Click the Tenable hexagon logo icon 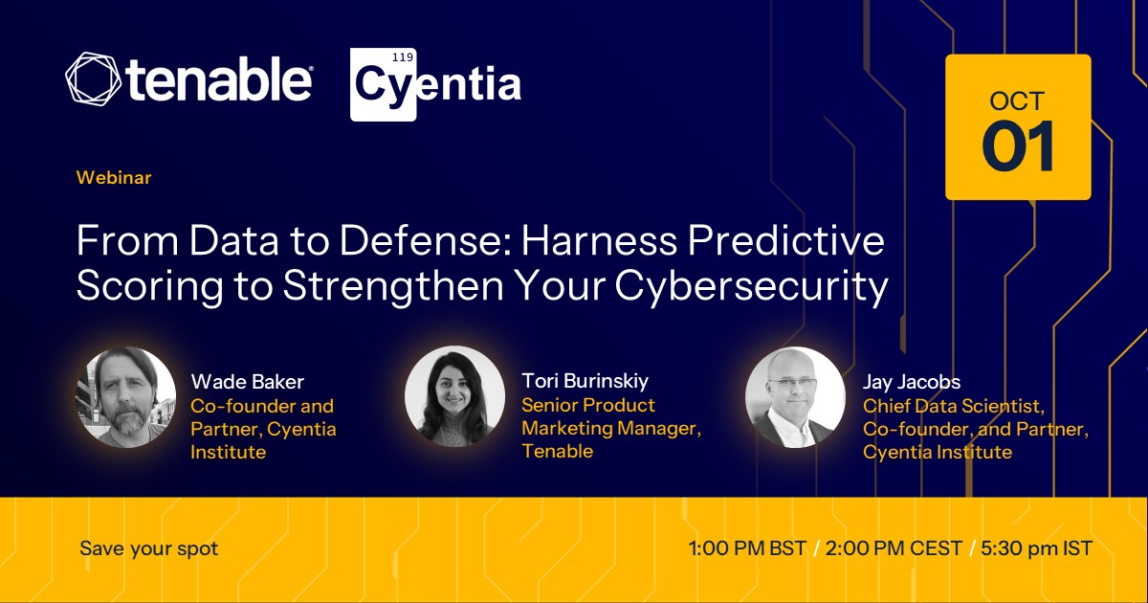93,79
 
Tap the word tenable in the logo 219,78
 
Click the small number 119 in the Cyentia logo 403,57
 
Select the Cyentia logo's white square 383,84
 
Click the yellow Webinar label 114,177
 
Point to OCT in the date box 1017,101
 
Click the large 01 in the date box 1018,146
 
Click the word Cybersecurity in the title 751,286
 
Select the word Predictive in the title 785,240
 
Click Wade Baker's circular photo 126,397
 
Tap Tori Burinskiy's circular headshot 454,396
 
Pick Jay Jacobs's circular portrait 795,397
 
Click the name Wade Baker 248,382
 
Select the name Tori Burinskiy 585,381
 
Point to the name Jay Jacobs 912,382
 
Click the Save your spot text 149,548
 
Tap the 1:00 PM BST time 748,548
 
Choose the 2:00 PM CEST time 894,548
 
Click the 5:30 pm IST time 1037,548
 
